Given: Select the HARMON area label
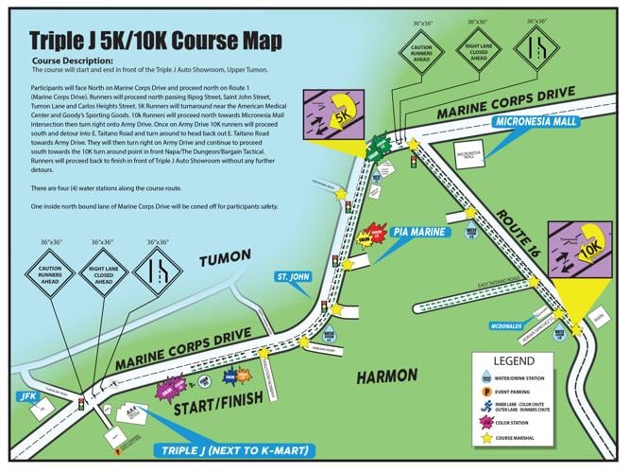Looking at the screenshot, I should [x=387, y=377].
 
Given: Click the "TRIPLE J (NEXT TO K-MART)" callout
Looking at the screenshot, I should [x=221, y=450].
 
